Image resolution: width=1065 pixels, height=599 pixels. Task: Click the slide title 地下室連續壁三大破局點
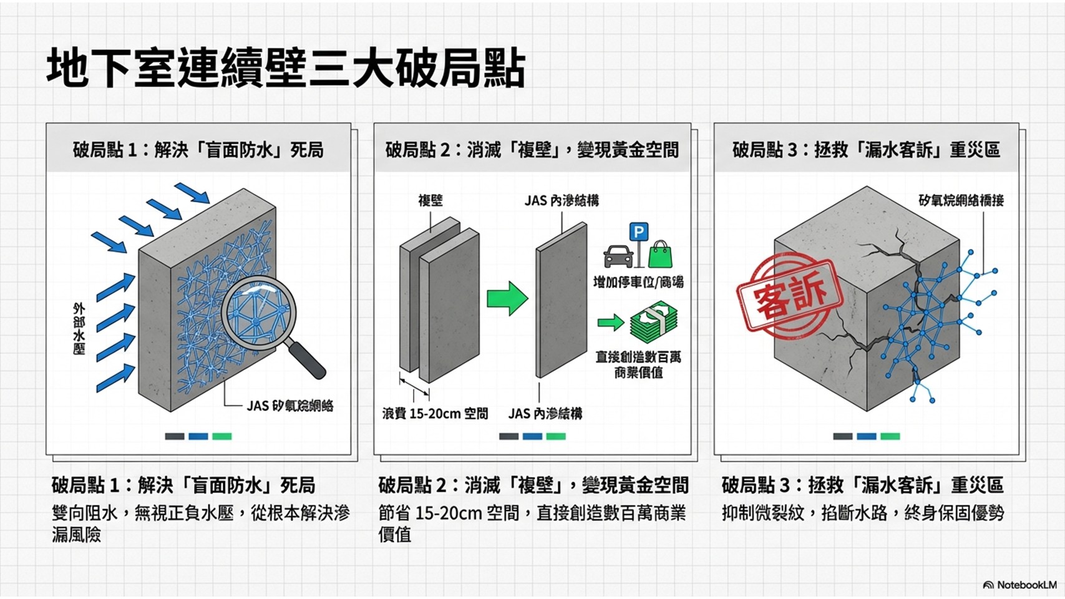pos(286,67)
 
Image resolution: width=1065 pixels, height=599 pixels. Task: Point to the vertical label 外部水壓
pos(79,329)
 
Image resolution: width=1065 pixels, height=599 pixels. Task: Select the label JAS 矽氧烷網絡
pos(289,406)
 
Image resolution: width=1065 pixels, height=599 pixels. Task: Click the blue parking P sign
pos(638,232)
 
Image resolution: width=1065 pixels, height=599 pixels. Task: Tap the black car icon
pos(618,256)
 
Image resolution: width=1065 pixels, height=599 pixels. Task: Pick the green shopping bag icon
pos(660,254)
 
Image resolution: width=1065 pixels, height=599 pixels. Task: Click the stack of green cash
pos(653,323)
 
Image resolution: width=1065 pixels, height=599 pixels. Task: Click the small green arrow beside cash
pos(610,323)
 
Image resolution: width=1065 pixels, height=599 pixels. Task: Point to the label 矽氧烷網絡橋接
pos(961,200)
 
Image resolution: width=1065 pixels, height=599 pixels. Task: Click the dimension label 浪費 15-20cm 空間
pos(435,414)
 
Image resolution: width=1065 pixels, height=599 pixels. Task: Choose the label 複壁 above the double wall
pos(430,200)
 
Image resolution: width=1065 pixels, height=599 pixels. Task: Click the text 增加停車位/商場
pos(638,282)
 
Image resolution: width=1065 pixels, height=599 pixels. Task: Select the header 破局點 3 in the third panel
pos(866,150)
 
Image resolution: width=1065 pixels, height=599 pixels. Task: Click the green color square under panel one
pos(221,436)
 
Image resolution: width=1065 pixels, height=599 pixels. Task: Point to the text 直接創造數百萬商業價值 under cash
pos(638,364)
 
